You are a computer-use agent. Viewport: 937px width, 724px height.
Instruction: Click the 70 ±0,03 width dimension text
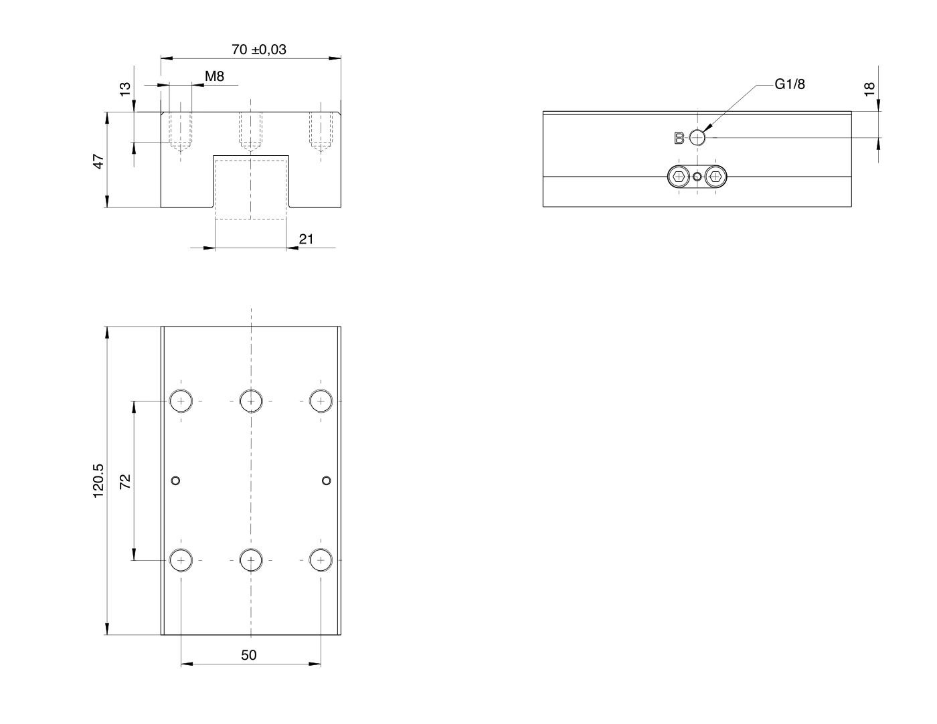click(x=259, y=50)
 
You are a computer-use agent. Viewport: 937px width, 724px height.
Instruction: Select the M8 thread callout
click(x=214, y=76)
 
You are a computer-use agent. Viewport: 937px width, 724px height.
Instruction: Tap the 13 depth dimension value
click(x=124, y=89)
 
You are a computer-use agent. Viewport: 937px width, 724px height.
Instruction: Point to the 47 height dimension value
click(x=99, y=161)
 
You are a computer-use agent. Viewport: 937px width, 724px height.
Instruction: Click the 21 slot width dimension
click(x=306, y=239)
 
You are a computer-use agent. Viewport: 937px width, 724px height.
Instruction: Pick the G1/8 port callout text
click(x=790, y=84)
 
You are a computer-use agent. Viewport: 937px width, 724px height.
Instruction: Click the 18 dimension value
click(x=869, y=89)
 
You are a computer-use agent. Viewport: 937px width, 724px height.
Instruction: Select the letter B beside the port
click(x=679, y=139)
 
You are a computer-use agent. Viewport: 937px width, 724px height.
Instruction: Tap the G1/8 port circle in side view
click(x=697, y=138)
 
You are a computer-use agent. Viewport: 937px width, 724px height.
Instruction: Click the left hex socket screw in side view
click(x=679, y=176)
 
